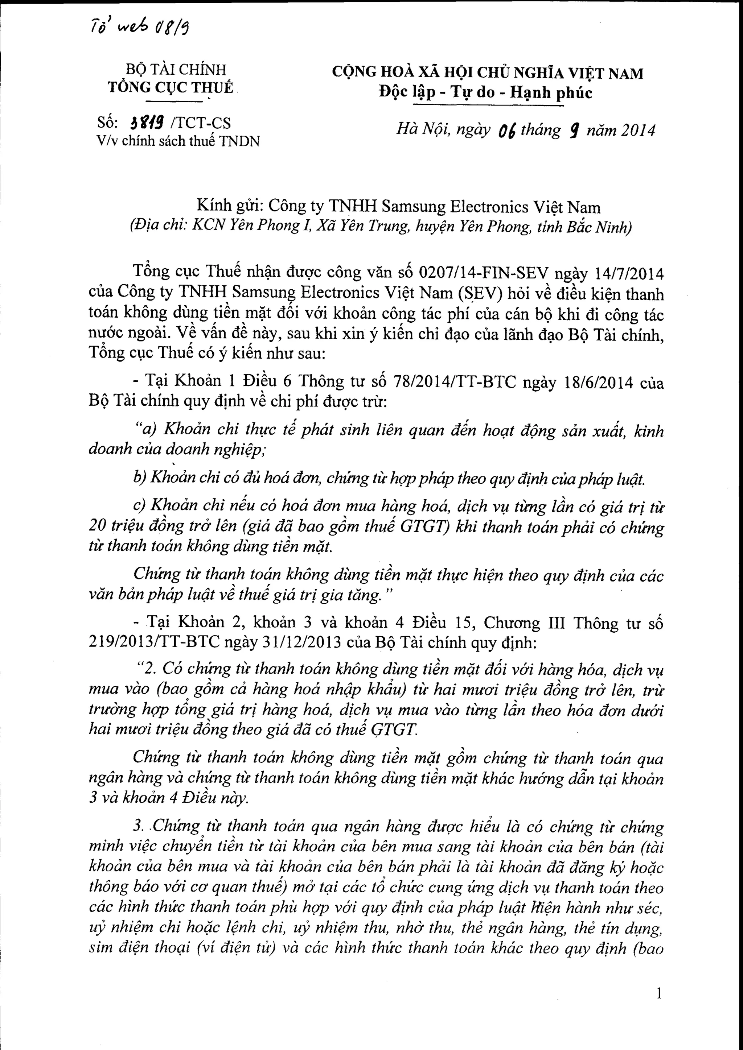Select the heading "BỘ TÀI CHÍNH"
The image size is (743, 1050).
(176, 70)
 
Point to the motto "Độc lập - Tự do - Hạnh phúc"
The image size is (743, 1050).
(485, 92)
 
